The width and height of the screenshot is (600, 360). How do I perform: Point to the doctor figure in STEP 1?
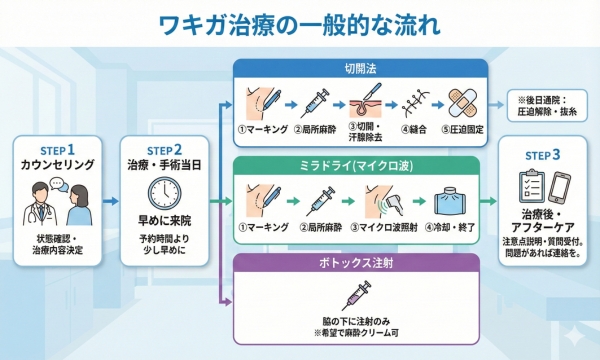37,205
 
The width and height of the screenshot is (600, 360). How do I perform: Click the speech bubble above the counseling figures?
57,184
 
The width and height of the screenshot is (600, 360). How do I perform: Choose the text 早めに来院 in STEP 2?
162,224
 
